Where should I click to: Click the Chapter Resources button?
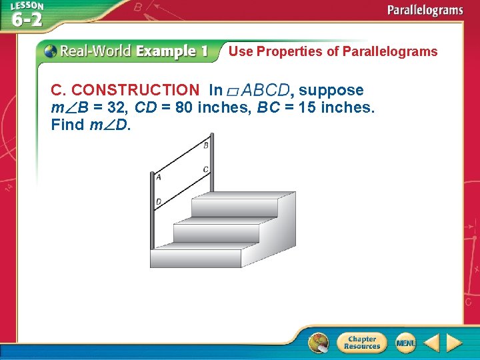(362, 343)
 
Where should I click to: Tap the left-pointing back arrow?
(431, 343)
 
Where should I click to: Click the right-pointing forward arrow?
(454, 343)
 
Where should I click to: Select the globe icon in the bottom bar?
(319, 343)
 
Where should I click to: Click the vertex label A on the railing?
(159, 177)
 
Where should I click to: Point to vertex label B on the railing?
(205, 145)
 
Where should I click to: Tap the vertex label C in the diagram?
(205, 170)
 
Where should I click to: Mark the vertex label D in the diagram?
(159, 201)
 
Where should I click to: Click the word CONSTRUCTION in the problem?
(135, 90)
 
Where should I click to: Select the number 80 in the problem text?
(185, 107)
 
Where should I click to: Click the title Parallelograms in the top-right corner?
(425, 10)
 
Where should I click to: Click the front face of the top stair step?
(234, 207)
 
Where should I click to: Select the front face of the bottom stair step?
(195, 258)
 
